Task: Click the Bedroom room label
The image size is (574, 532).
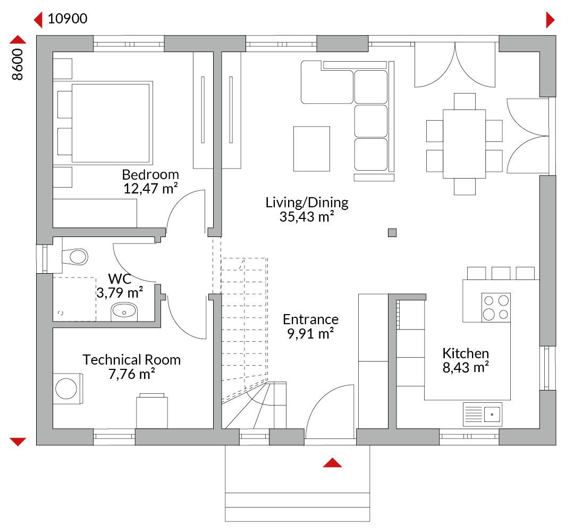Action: point(150,174)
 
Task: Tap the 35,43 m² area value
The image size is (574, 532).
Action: point(307,217)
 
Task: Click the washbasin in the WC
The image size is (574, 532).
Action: point(124,311)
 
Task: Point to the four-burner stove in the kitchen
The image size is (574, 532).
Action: point(496,308)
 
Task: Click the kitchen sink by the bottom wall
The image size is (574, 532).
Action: point(483,415)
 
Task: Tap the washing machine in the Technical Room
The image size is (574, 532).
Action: point(68,389)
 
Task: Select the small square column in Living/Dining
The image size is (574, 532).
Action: point(392,232)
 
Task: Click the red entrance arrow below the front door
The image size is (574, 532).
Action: point(332,462)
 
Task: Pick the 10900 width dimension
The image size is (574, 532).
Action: point(67,19)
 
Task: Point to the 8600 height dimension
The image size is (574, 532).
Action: point(17,64)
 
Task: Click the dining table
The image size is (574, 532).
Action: point(464,144)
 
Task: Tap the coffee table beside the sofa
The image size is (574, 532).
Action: point(311,149)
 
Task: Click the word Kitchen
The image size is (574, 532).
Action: point(466,353)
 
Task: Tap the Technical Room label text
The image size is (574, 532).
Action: point(131,360)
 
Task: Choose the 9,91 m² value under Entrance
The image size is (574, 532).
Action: point(310,334)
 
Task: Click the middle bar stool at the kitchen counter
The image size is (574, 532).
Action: point(501,274)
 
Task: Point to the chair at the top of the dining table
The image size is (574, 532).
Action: point(465,102)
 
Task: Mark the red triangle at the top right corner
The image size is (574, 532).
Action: point(550,20)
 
